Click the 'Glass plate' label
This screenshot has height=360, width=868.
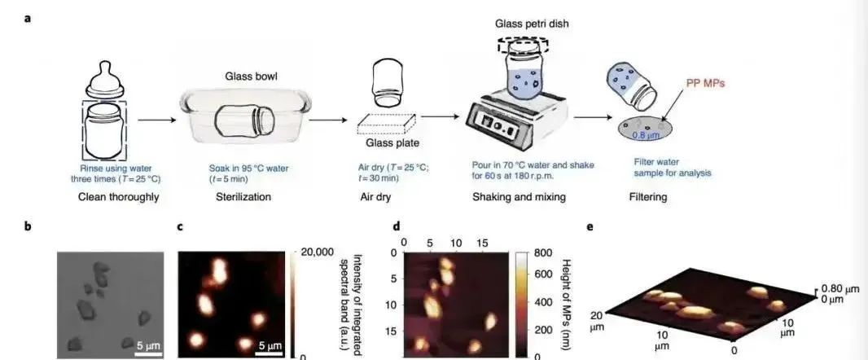click(392, 144)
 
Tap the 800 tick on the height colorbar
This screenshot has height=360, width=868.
click(543, 252)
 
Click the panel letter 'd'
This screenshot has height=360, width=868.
click(396, 226)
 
